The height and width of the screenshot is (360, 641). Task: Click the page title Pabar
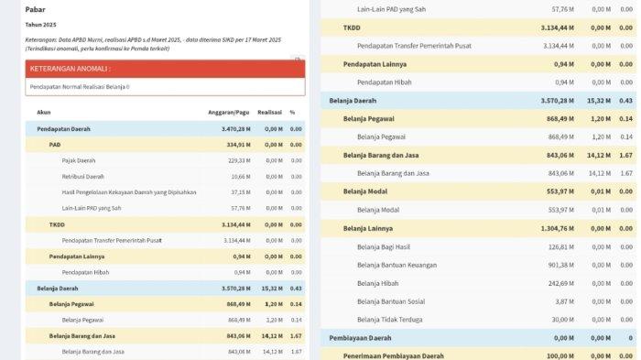[x=36, y=9]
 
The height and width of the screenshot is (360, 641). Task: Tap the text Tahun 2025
[x=40, y=25]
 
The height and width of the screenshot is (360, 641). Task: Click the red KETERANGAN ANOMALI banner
[x=165, y=69]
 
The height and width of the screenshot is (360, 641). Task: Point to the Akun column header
[x=44, y=113]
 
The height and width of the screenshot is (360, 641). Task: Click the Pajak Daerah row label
[x=79, y=160]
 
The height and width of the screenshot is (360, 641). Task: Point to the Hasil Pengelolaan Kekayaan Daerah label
[x=129, y=192]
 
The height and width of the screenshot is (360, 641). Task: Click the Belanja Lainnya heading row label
[x=369, y=228]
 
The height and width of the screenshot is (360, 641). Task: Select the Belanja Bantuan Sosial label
[x=390, y=301]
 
